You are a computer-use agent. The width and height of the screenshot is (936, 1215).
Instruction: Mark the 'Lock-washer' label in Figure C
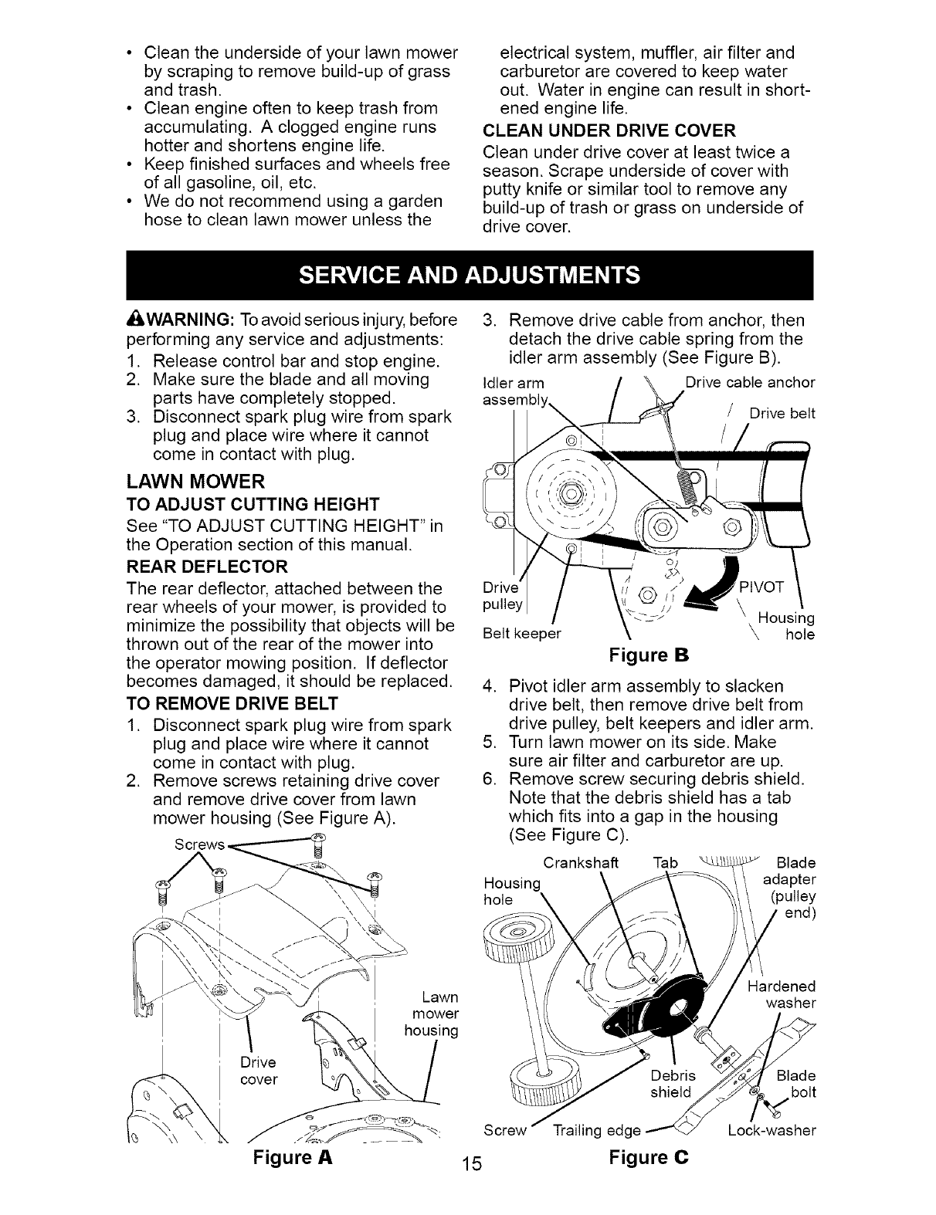772,1131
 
